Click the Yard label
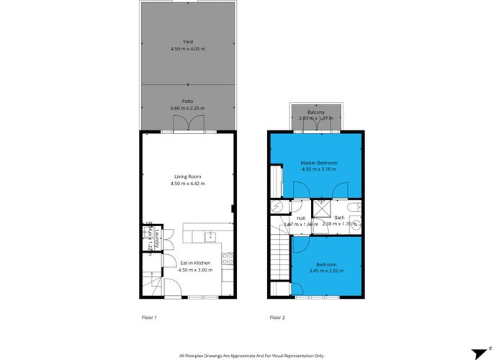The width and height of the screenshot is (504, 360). pos(187,42)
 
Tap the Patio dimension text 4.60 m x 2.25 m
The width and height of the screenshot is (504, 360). pos(187,109)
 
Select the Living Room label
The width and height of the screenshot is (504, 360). pos(187,176)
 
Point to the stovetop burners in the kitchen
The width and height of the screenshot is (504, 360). pos(228,256)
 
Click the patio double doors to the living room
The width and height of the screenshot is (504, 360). pos(187,127)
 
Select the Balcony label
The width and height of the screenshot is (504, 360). pos(316,112)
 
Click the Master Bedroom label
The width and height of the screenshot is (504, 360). pos(318,163)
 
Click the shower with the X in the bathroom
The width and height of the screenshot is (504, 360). pos(324,210)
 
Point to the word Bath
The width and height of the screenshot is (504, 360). pos(339,217)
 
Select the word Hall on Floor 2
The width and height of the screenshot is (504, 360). pos(301,217)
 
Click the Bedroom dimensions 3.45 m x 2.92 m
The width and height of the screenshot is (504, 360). pos(326,271)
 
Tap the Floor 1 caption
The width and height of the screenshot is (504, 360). pos(149,317)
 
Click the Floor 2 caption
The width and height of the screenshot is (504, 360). pos(277,317)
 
